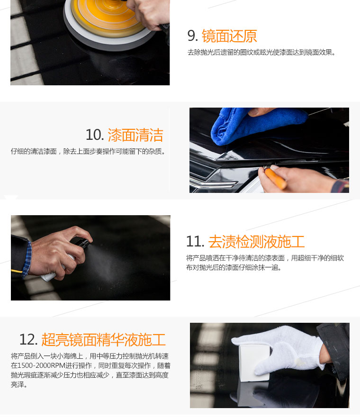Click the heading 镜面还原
(229, 36)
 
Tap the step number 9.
(192, 36)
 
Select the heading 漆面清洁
(135, 135)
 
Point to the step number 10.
(95, 135)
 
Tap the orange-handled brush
(276, 178)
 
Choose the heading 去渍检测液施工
(256, 242)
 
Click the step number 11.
(195, 242)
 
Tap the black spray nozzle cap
(81, 242)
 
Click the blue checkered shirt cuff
(27, 259)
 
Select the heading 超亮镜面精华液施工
(103, 340)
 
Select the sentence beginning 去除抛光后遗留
(261, 52)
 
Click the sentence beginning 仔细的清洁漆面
(88, 152)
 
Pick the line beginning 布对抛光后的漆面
(234, 267)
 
